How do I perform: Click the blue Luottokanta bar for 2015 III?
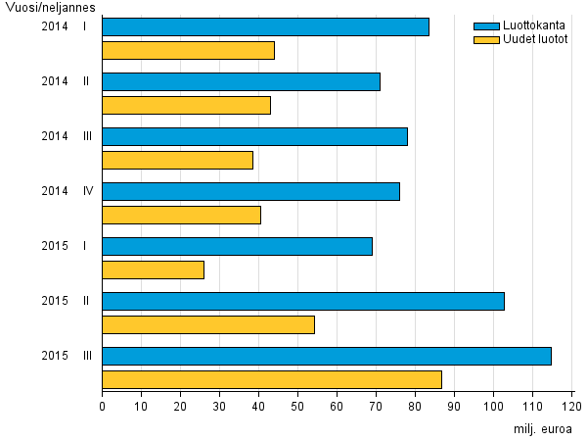(327, 356)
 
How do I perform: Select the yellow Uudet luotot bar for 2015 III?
(272, 379)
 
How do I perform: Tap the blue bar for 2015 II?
(303, 301)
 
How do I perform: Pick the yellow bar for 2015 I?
(154, 269)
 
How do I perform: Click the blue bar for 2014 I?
(265, 26)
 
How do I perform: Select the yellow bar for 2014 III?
(178, 160)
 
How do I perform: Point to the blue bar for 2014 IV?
(250, 191)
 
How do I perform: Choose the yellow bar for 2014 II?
(186, 105)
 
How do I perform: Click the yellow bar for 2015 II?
(208, 324)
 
